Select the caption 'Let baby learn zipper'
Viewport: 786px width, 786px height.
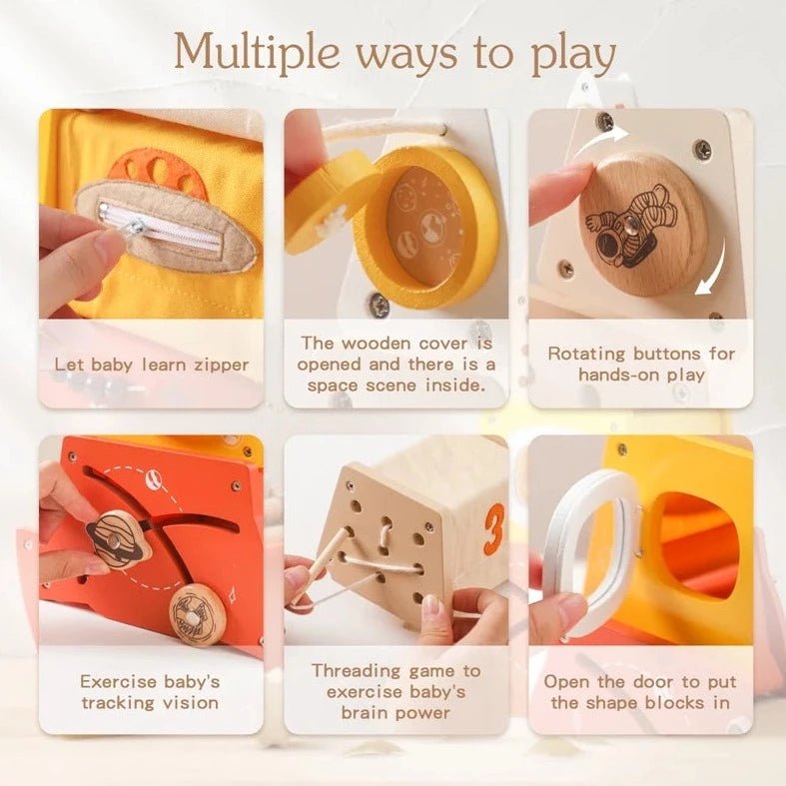[x=152, y=365]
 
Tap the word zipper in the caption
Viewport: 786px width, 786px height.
[x=221, y=366]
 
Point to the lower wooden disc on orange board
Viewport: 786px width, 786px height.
[x=197, y=615]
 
